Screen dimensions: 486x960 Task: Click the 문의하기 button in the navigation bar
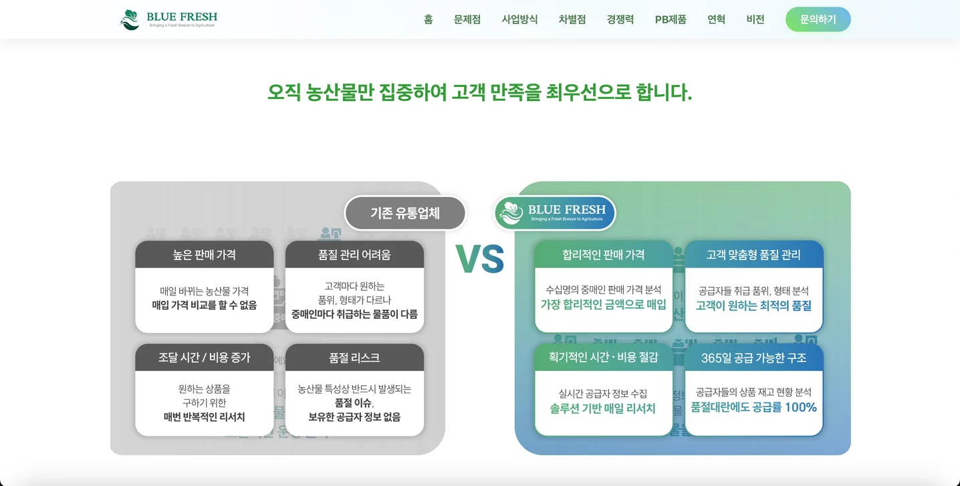point(818,19)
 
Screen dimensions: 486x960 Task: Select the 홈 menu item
point(428,19)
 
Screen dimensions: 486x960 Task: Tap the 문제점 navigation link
point(467,19)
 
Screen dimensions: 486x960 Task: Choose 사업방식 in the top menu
point(519,19)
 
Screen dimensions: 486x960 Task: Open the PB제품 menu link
point(671,19)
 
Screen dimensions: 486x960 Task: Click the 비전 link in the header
point(755,19)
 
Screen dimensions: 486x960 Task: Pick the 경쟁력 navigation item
point(620,19)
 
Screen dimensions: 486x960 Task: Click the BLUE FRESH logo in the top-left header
point(168,19)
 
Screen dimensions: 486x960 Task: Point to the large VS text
point(479,259)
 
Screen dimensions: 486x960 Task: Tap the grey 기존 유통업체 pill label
point(405,213)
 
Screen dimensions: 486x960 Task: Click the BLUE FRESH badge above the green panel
point(555,213)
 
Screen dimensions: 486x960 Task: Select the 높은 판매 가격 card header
point(204,255)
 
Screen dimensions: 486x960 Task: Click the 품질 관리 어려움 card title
point(354,255)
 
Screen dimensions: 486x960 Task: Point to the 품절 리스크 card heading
point(354,358)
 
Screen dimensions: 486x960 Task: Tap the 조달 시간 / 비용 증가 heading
point(204,358)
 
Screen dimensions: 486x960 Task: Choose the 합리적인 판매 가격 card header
point(603,255)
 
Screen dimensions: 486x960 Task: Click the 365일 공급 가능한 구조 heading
point(753,358)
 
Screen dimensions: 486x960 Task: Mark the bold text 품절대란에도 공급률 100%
point(753,407)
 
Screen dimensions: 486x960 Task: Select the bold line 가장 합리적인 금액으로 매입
point(603,305)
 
